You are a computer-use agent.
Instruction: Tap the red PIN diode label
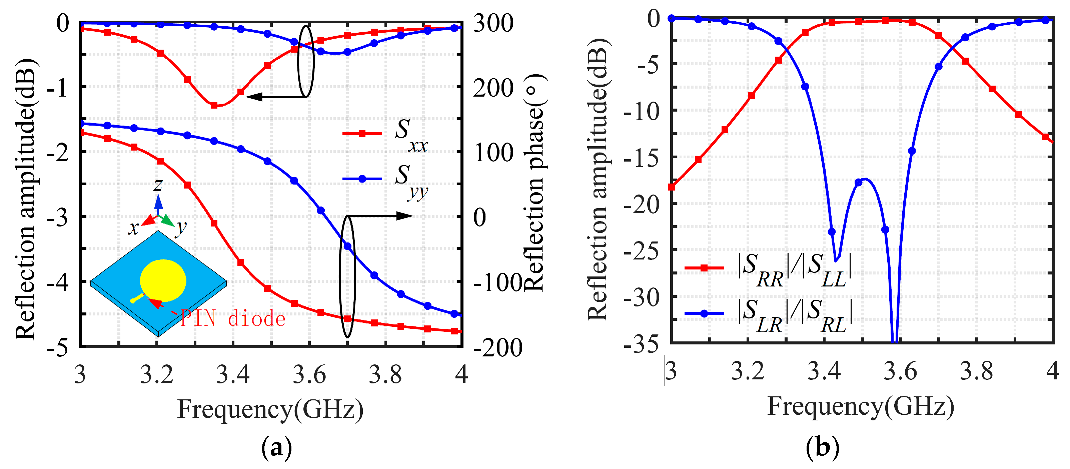[233, 319]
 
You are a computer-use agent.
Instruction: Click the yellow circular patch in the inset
[163, 280]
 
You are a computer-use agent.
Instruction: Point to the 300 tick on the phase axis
[493, 23]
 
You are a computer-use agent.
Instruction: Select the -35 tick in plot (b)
[642, 344]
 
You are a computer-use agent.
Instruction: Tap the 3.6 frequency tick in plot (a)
[309, 374]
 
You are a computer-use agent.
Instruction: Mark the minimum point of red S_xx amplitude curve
[214, 105]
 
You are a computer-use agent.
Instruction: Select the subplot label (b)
[823, 448]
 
